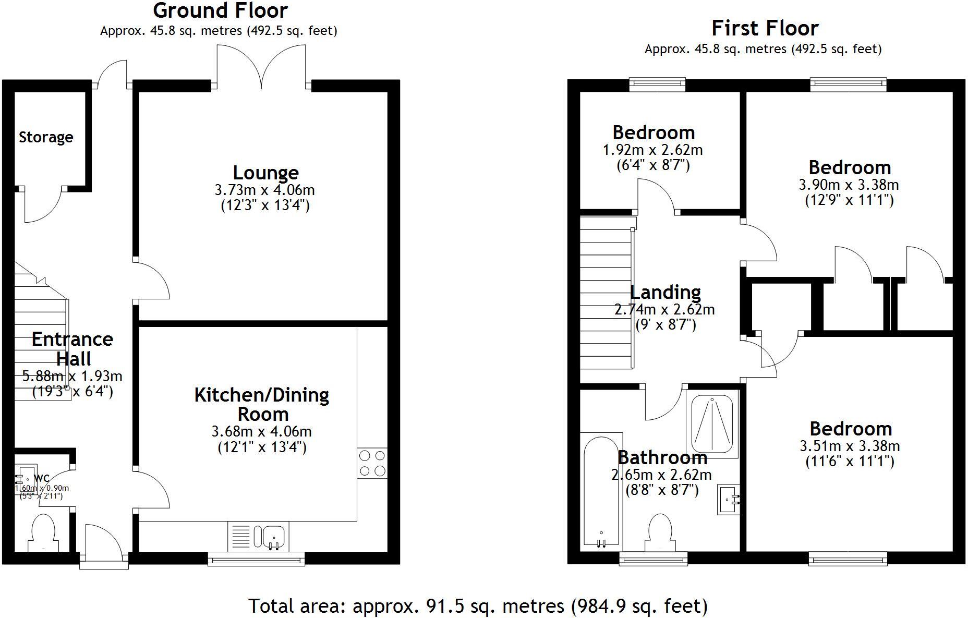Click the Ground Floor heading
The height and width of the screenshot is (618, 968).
(220, 10)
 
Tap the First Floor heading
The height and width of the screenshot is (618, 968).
(765, 28)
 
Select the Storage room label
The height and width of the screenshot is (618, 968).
(46, 137)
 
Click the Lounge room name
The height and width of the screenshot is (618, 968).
(265, 173)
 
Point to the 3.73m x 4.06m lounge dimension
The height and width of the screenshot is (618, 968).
(264, 190)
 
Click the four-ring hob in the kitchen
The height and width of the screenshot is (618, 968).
(372, 463)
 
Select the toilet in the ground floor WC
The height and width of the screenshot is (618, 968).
(43, 531)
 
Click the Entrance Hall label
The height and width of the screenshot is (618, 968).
(72, 349)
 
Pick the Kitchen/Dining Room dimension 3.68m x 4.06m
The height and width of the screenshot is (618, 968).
(261, 432)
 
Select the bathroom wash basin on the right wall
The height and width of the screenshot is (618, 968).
(729, 499)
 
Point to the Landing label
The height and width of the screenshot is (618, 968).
(665, 292)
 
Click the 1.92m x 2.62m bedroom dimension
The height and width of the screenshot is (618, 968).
(652, 150)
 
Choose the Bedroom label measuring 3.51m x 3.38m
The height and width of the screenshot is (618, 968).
(851, 429)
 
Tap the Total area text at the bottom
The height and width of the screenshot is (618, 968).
(478, 606)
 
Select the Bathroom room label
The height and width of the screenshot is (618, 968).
(662, 458)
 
